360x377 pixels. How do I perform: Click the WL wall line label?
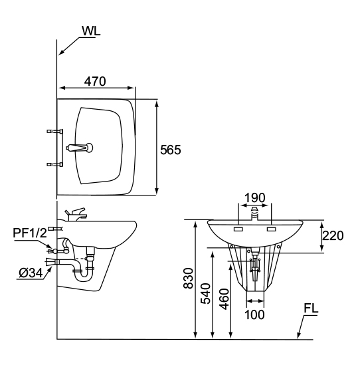[x=91, y=31]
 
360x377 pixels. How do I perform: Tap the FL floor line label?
[x=311, y=309]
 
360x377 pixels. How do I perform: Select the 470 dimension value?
[x=95, y=81]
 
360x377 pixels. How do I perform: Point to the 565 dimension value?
[x=171, y=150]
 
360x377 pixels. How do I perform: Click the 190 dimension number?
[x=254, y=197]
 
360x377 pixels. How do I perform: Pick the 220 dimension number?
[x=333, y=235]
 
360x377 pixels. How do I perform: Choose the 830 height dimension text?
[x=188, y=278]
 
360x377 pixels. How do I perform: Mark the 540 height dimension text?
[x=205, y=294]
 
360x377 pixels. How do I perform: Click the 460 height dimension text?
[x=225, y=299]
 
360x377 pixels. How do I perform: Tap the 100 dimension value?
[x=254, y=314]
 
